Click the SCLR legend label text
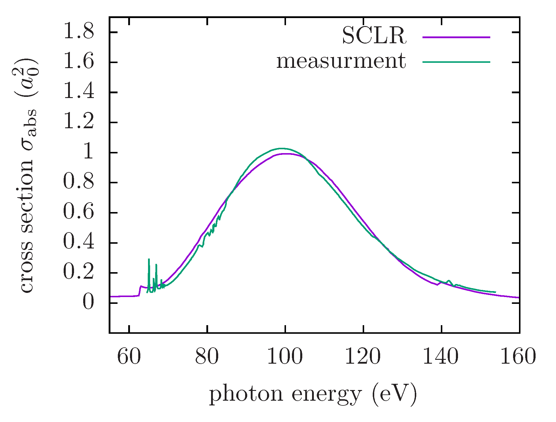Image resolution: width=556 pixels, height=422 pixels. (374, 36)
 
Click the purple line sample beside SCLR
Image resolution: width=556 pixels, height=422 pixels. (456, 37)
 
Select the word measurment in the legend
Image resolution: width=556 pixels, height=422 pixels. (341, 62)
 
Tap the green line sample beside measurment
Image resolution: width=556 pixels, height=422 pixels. (456, 62)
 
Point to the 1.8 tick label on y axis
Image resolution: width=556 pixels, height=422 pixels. (78, 32)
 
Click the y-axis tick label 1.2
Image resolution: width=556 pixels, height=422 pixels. (78, 122)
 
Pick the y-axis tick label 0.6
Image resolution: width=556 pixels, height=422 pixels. (78, 212)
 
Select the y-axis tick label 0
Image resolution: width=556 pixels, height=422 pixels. (88, 303)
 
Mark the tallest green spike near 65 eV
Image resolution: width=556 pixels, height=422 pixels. (149, 259)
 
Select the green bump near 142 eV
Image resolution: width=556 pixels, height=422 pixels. (449, 280)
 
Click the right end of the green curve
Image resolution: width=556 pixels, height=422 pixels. (495, 292)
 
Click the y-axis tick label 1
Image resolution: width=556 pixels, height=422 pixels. (88, 152)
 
